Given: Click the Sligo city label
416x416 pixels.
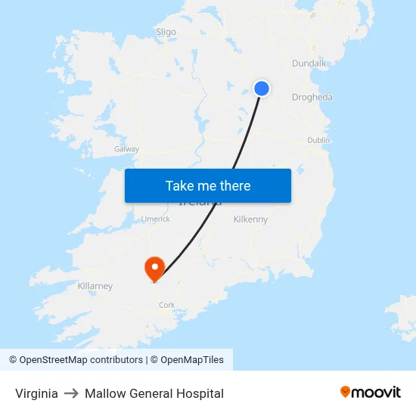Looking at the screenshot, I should pyautogui.click(x=166, y=32).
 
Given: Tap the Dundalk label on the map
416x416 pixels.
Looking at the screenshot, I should pyautogui.click(x=309, y=64).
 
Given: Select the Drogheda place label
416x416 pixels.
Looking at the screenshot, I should pyautogui.click(x=312, y=98).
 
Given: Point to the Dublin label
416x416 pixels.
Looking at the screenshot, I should pyautogui.click(x=318, y=140).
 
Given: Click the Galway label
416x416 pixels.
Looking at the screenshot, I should pyautogui.click(x=126, y=149).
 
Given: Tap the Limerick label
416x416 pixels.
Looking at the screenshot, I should pyautogui.click(x=156, y=219).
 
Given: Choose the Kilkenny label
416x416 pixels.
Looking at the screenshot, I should pyautogui.click(x=250, y=219).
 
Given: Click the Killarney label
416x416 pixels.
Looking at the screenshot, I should pyautogui.click(x=95, y=286).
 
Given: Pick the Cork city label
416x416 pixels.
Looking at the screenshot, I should pyautogui.click(x=166, y=305).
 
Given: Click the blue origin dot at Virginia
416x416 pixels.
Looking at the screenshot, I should pyautogui.click(x=261, y=88).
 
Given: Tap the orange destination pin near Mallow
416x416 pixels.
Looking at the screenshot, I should pyautogui.click(x=154, y=268).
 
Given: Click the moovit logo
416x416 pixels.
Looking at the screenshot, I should pyautogui.click(x=371, y=393).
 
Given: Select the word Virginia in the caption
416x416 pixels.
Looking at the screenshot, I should pyautogui.click(x=36, y=393).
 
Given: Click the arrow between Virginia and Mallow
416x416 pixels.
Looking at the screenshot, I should pyautogui.click(x=71, y=393).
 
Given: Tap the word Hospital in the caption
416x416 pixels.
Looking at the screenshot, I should pyautogui.click(x=200, y=393).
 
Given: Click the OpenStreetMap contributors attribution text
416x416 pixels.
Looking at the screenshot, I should pyautogui.click(x=81, y=360).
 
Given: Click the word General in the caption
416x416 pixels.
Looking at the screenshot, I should pyautogui.click(x=149, y=393).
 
